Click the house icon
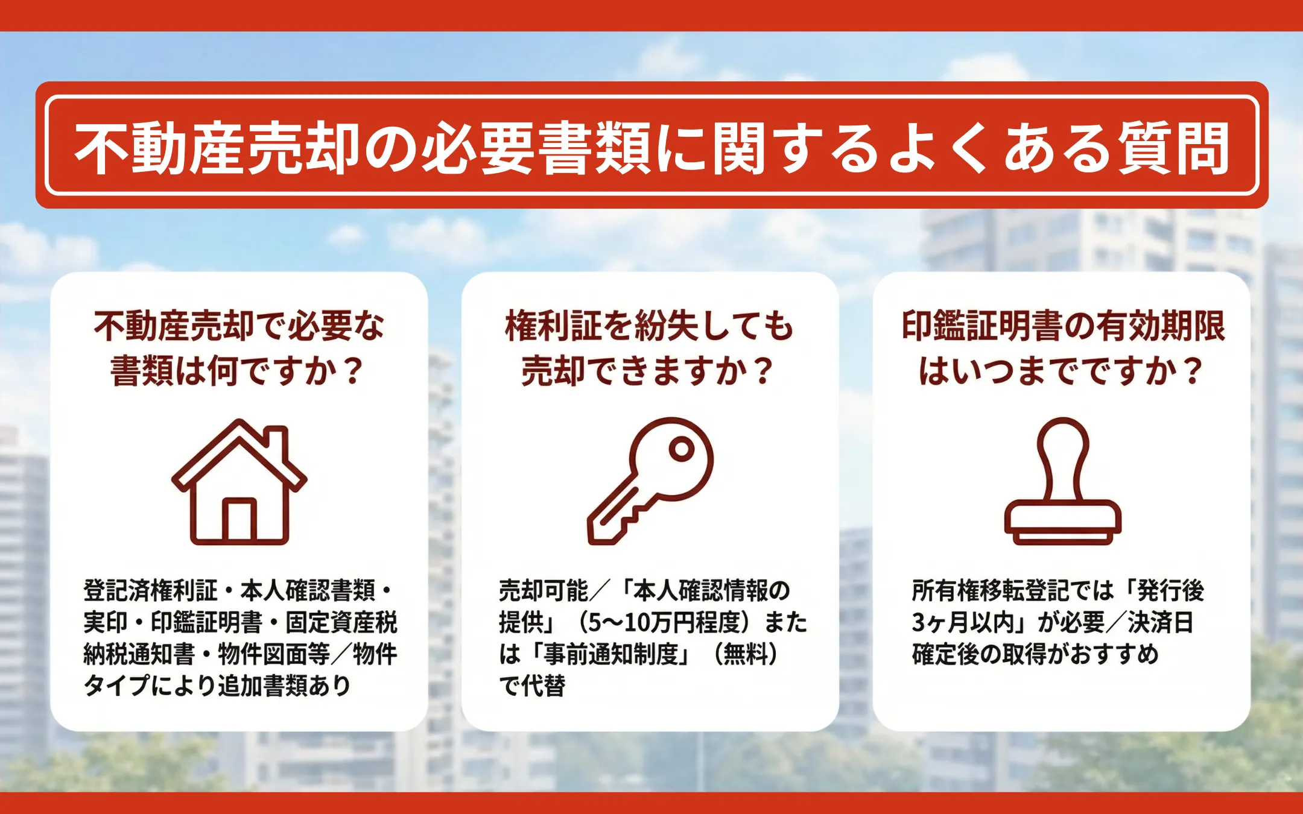coord(239,482)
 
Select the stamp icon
coord(1062,481)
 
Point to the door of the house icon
coord(239,520)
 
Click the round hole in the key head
coord(682,449)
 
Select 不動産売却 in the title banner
coord(218,148)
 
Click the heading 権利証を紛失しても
coord(650,326)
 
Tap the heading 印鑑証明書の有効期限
coord(1063,326)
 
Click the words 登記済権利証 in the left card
coord(150,590)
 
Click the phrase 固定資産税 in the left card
coord(341,622)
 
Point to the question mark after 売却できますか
coord(764,371)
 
